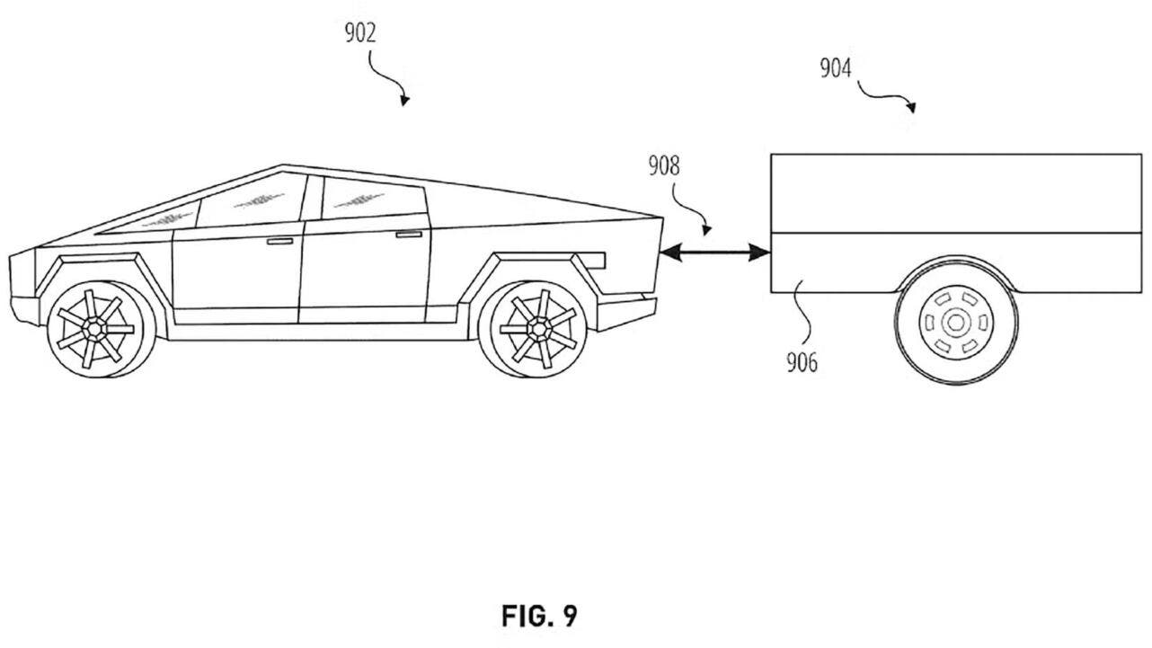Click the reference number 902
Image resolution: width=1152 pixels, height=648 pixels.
pos(359,34)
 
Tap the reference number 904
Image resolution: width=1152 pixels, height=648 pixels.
pos(835,68)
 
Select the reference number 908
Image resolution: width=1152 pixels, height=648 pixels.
pos(663,166)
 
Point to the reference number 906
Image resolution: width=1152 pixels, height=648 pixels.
pos(802,363)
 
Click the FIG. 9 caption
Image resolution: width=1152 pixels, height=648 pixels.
pos(539,617)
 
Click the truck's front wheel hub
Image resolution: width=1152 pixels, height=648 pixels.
pos(95,329)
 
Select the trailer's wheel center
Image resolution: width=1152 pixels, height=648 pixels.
pos(955,321)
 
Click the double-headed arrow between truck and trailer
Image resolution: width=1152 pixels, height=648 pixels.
pos(714,254)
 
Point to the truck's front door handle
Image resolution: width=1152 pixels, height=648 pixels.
pos(279,242)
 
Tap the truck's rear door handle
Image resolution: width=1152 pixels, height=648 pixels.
pos(409,234)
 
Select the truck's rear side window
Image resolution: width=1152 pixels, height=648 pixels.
pos(370,198)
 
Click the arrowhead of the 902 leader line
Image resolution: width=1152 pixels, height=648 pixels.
pos(404,101)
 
